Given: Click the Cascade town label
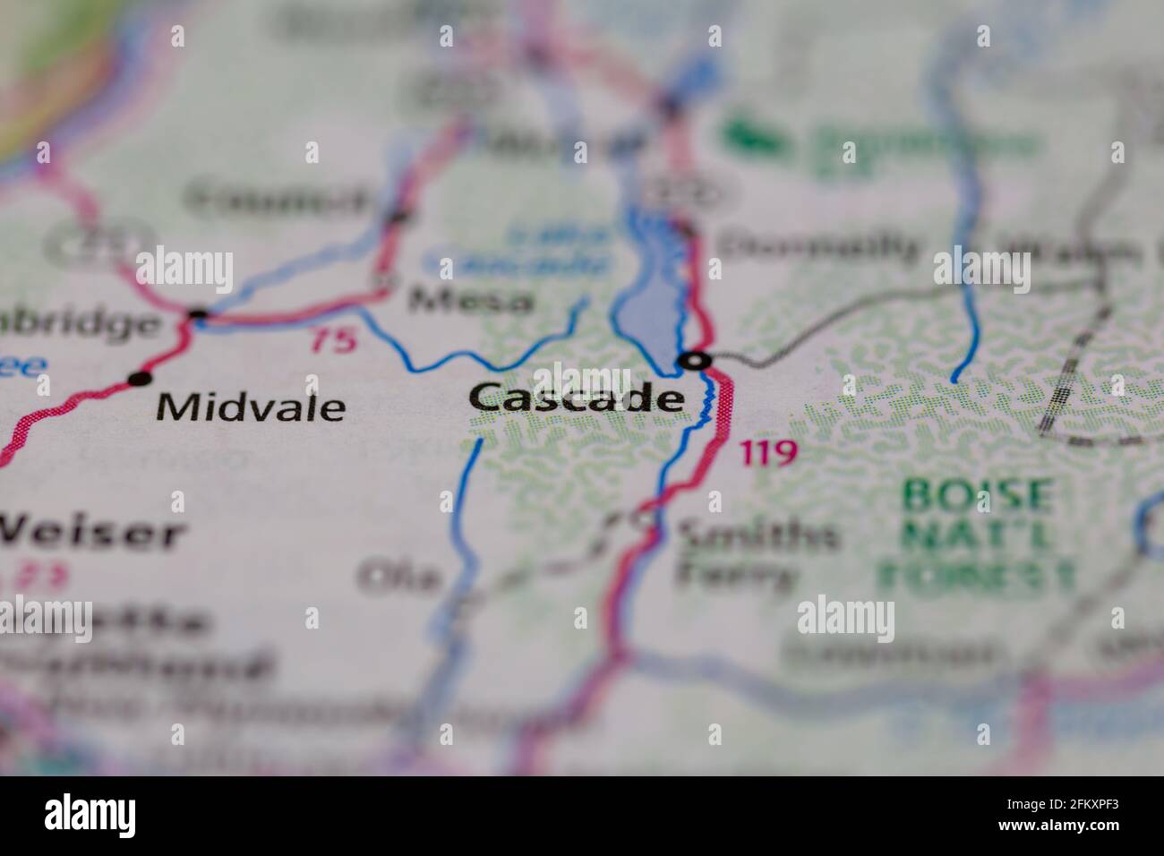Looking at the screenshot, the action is point(577,398).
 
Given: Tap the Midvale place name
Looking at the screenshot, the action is point(251,408).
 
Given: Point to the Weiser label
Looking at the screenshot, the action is point(90,534).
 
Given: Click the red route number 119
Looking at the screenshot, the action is point(768,454).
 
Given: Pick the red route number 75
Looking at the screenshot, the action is point(333,339).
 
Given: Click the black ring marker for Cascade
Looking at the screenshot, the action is point(695,361).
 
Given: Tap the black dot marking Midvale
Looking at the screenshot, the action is point(139,379).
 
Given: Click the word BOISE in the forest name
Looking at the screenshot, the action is point(977,493).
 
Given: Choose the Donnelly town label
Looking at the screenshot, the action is point(819,246).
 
